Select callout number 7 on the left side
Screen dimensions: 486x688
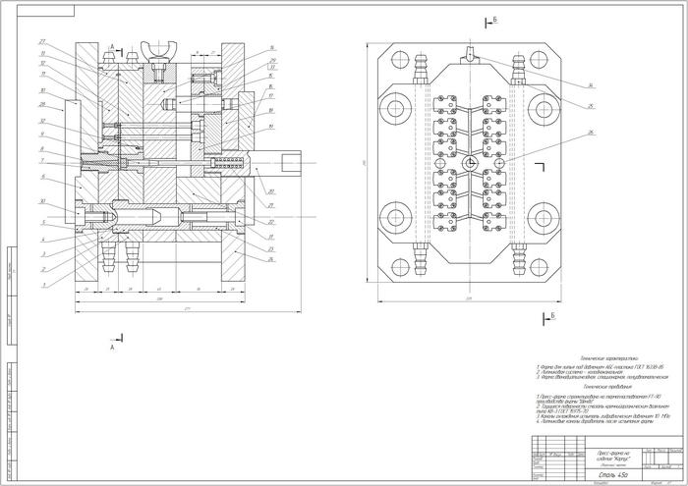pyautogui.click(x=43, y=160)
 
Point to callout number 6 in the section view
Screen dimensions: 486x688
pyautogui.click(x=43, y=178)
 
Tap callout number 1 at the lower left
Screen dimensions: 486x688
pyautogui.click(x=43, y=285)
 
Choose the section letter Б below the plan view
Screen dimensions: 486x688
pyautogui.click(x=553, y=314)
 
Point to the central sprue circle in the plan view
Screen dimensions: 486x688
pyautogui.click(x=472, y=162)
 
